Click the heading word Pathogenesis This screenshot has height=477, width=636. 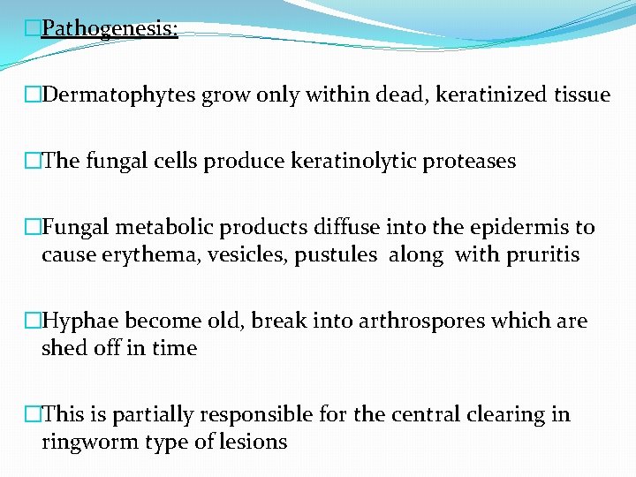[x=109, y=29]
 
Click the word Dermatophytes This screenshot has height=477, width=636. [x=119, y=95]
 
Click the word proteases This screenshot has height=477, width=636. [x=473, y=162]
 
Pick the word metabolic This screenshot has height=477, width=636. [x=167, y=228]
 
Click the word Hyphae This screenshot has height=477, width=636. [x=76, y=322]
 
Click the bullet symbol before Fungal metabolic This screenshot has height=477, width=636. [x=33, y=228]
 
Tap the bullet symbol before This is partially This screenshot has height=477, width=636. [x=33, y=415]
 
